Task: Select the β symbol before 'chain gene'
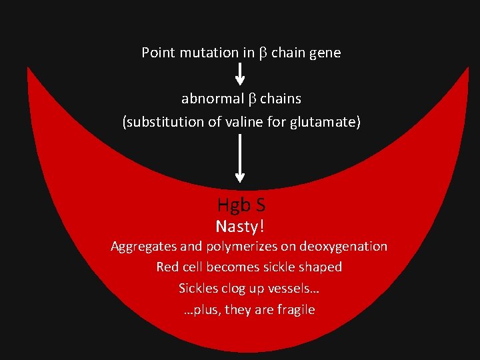point(263,53)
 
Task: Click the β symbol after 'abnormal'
point(251,99)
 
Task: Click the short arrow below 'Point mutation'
point(240,75)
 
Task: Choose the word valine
point(237,123)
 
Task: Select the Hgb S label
point(241,205)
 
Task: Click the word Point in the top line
point(157,53)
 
